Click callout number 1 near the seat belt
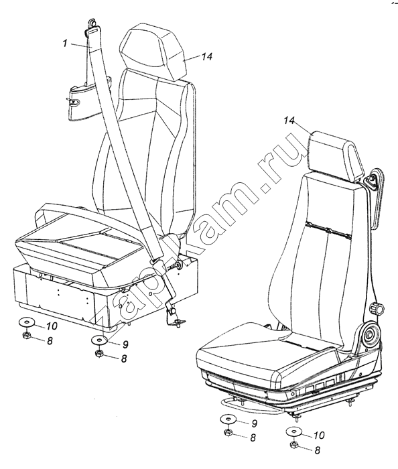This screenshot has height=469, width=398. (65, 44)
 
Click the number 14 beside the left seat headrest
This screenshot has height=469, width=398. (206, 56)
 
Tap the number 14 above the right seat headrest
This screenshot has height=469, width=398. (289, 121)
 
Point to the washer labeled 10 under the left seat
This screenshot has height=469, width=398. (26, 323)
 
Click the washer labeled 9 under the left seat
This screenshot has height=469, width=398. (99, 340)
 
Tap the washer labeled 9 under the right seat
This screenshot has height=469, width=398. (228, 419)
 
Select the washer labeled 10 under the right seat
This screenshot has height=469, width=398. (294, 432)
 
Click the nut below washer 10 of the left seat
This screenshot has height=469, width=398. (25, 335)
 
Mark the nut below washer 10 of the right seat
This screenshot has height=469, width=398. (294, 445)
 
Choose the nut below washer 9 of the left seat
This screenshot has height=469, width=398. (99, 354)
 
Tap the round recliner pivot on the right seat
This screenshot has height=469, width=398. (371, 334)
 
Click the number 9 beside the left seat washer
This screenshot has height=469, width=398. (125, 344)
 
